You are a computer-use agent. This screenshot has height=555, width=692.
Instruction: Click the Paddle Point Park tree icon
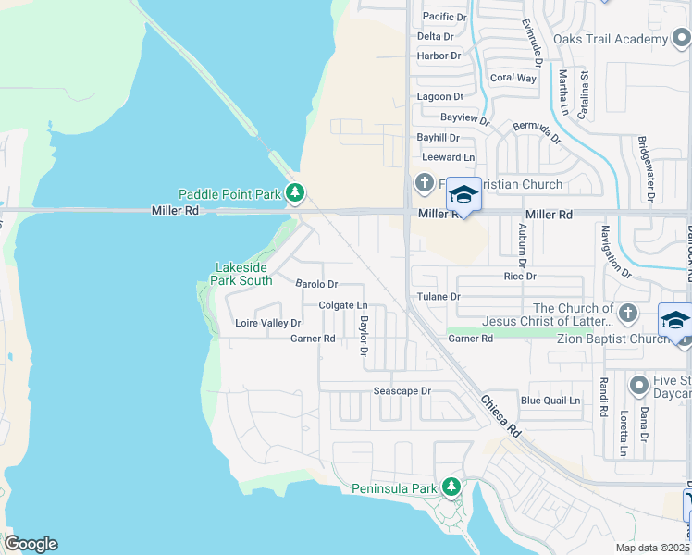pos(295,193)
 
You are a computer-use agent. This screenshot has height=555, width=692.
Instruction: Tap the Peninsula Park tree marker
pos(451,486)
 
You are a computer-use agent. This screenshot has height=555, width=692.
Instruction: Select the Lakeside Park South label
pos(243,274)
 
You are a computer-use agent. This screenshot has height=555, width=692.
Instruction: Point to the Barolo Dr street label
pos(316,284)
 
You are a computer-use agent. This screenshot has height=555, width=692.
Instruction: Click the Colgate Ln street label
pos(343,304)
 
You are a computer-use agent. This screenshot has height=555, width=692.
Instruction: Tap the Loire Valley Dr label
pos(268,323)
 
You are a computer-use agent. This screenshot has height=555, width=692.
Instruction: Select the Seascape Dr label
pos(402,391)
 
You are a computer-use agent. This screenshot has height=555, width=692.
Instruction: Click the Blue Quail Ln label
pos(550,401)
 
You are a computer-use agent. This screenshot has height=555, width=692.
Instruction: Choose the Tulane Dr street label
pos(438,296)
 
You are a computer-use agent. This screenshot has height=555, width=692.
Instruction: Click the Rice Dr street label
pos(520,276)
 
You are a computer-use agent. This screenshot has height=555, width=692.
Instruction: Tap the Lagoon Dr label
pos(439,96)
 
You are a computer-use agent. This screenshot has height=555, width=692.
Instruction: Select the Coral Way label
pos(513,78)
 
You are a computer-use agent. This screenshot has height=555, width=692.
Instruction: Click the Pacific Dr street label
pos(445,17)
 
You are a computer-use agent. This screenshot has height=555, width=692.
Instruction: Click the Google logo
pos(31,544)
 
